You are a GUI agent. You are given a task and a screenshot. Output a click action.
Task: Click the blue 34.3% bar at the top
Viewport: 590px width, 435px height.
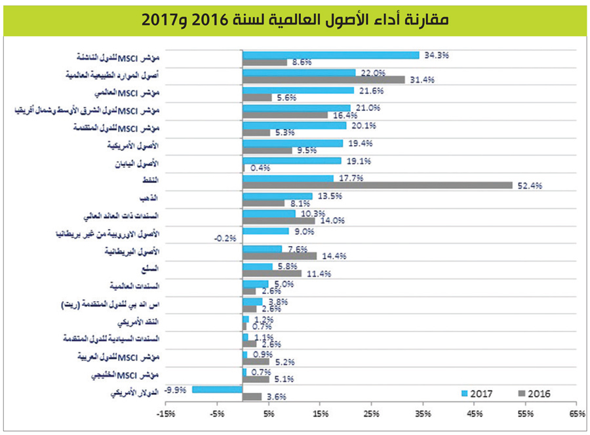330,55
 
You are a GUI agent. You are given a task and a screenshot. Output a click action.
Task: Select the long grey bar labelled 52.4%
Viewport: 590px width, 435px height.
377,185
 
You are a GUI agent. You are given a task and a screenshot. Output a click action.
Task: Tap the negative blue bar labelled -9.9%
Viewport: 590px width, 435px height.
217,389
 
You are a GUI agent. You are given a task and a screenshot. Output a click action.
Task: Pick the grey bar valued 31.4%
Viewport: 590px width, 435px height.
323,79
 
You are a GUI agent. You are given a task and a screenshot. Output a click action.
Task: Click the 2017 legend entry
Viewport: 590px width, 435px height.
478,394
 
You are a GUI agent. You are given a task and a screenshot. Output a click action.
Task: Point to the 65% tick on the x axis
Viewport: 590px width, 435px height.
577,414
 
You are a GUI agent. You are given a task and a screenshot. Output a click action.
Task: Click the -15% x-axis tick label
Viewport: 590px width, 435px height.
166,414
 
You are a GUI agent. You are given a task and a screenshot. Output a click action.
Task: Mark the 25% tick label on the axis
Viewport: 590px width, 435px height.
371,414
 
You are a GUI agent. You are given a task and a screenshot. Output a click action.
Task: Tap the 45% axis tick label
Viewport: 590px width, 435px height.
475,414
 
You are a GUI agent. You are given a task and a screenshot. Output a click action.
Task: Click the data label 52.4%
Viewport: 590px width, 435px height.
529,186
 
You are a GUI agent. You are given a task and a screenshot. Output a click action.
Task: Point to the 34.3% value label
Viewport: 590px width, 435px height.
435,56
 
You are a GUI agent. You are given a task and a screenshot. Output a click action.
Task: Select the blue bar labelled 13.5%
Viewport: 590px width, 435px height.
277,196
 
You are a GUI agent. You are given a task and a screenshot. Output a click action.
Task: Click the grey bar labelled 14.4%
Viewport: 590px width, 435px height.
279,256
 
